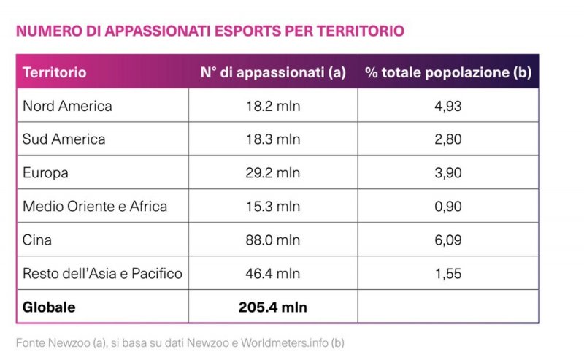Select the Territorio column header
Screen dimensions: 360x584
tap(54, 72)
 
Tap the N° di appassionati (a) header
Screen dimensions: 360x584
tap(273, 72)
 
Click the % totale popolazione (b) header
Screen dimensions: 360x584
tap(448, 72)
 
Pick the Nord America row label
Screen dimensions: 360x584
tap(67, 106)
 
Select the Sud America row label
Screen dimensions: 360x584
tap(64, 139)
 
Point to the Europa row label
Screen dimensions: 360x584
tap(45, 173)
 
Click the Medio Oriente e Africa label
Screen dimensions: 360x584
tap(95, 207)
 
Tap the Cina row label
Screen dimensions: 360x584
tap(37, 240)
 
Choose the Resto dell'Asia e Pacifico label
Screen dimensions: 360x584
tap(102, 274)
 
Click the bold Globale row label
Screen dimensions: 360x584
tap(49, 307)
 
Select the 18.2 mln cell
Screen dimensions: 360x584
tap(273, 106)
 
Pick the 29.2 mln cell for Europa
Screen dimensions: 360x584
tap(273, 173)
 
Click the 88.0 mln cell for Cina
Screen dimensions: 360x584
tap(273, 240)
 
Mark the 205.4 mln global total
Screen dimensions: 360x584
tap(273, 307)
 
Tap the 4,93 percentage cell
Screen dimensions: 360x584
tap(447, 106)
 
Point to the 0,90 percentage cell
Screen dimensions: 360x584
tap(447, 207)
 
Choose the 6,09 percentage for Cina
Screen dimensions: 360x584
tap(447, 240)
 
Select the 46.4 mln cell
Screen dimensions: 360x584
tap(273, 274)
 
